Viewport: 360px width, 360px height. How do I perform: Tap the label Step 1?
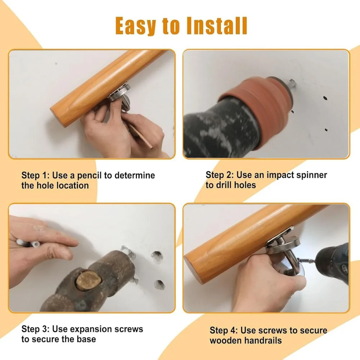click(35, 175)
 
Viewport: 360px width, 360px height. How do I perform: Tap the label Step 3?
click(35, 329)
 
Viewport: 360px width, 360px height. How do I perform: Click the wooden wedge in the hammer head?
click(89, 281)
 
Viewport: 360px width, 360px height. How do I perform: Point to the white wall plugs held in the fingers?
click(25, 243)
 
